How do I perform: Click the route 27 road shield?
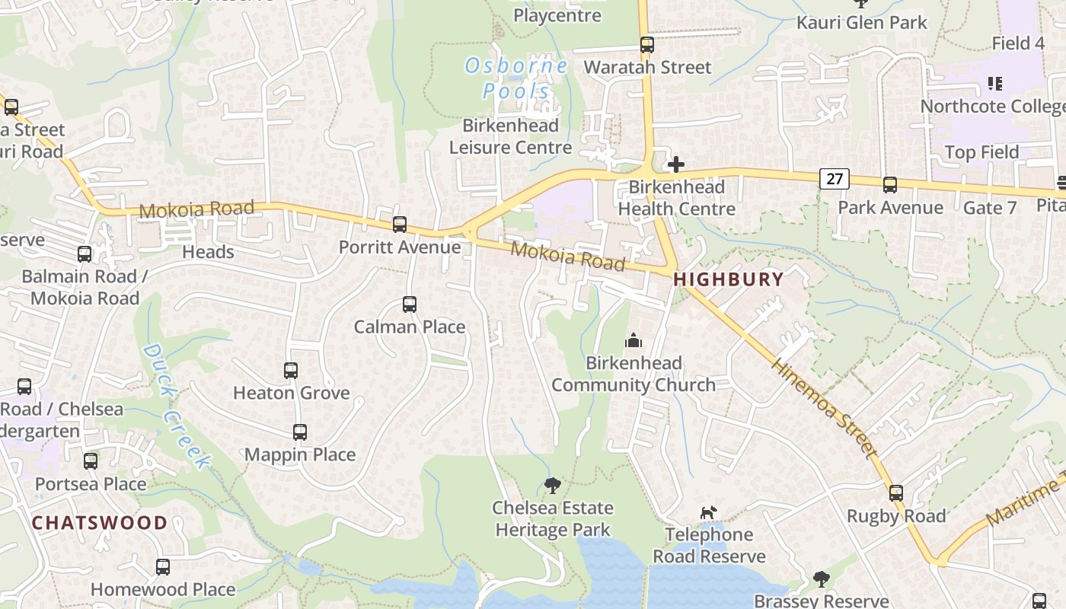tap(835, 179)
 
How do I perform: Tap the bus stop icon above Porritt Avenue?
tap(400, 225)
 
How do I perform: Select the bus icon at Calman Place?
tap(410, 304)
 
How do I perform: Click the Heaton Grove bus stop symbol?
tap(291, 371)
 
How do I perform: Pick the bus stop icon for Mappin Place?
tap(300, 432)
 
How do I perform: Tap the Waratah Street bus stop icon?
tap(647, 45)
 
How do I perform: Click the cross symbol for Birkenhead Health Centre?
tap(675, 164)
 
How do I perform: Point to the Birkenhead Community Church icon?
tap(634, 341)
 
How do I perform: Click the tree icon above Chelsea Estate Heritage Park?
tap(553, 485)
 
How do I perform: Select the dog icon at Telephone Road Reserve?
tap(709, 512)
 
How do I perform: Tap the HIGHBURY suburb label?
tap(729, 279)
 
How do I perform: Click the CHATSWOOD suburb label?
tap(100, 523)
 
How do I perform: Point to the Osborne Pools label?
tap(516, 78)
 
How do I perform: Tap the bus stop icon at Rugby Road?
tap(896, 493)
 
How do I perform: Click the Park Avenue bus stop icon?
tap(889, 185)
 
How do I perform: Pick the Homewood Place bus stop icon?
tap(163, 567)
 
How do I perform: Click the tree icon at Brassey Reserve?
tap(821, 579)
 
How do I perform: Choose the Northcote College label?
tap(992, 106)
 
